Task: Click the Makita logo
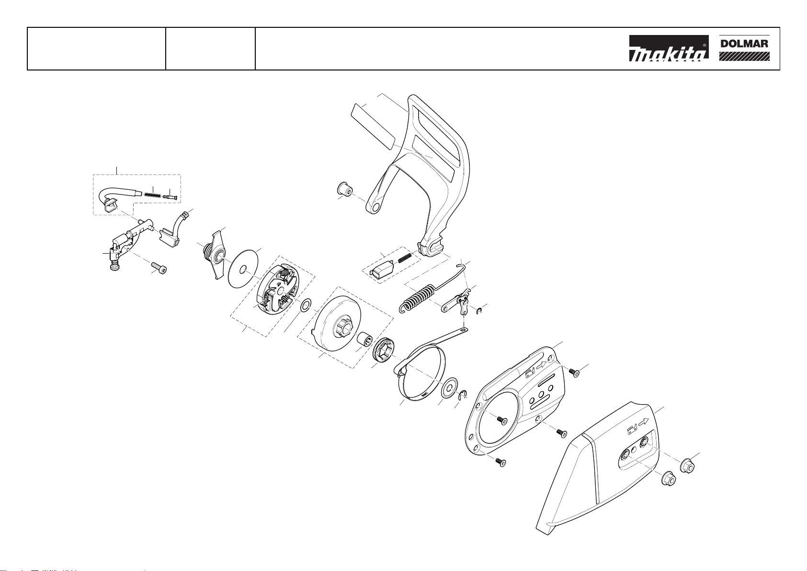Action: coord(669,48)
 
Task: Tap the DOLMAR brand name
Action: coord(744,44)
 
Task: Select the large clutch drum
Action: coord(335,321)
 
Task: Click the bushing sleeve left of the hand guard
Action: coord(344,188)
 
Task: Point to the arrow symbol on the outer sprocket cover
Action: coord(643,421)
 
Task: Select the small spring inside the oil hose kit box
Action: coord(152,194)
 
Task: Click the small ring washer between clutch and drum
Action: coord(306,305)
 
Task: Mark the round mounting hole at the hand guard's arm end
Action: coord(376,207)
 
